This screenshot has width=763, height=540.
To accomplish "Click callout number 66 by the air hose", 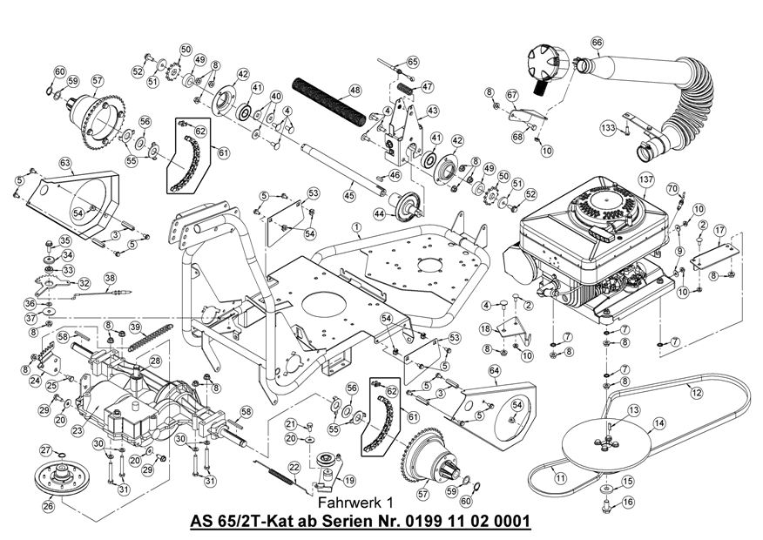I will tap(597, 43).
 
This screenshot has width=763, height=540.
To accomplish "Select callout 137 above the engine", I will tap(645, 181).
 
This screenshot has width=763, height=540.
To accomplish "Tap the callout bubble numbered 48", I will tap(354, 90).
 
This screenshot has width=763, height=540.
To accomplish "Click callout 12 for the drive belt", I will tap(696, 394).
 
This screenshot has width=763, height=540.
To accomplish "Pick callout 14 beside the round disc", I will tap(659, 422).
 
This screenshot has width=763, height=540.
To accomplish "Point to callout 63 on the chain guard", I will tap(64, 163).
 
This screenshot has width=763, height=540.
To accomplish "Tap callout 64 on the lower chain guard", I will tap(494, 371).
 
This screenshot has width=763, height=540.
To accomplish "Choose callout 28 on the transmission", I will tap(155, 360).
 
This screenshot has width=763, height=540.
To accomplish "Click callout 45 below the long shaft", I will tap(349, 197).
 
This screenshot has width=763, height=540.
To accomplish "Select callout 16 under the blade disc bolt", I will tap(628, 502).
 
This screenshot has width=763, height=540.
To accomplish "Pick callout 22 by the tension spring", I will tap(294, 469).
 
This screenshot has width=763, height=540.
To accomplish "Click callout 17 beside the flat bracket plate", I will tap(719, 230).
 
